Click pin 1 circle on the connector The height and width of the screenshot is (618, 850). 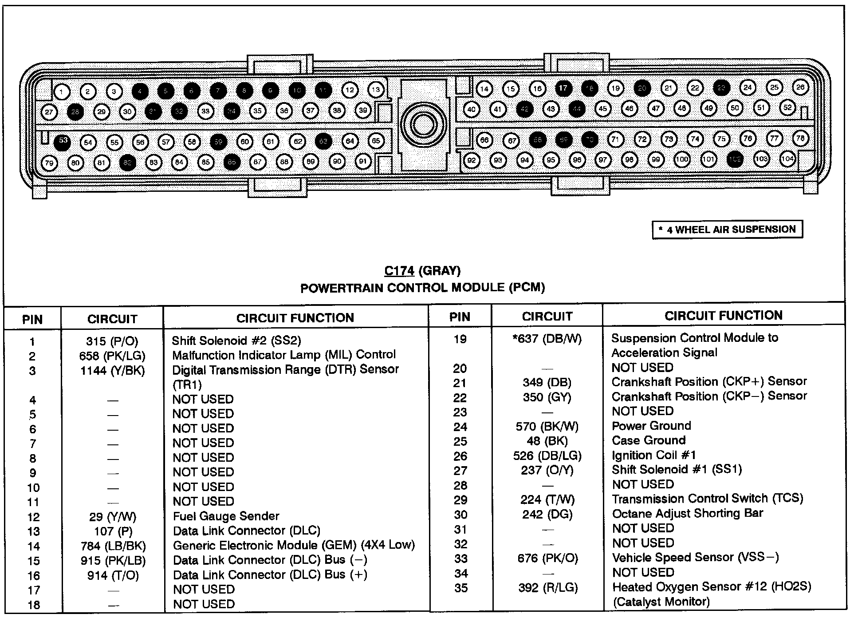(x=62, y=92)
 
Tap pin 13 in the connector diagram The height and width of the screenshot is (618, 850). (x=376, y=90)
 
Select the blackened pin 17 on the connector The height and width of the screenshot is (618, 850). (x=563, y=88)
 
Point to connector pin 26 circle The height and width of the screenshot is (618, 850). (x=800, y=87)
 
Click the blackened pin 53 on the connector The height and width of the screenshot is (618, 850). (x=63, y=141)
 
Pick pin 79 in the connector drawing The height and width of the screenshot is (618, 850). (x=49, y=163)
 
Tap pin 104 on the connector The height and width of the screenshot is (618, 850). (x=787, y=158)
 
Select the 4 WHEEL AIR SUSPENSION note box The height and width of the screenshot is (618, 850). (x=727, y=230)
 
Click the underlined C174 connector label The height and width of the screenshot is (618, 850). (x=399, y=271)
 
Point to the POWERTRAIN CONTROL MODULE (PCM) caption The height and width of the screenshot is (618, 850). (x=422, y=288)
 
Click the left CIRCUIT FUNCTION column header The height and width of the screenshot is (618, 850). (x=295, y=318)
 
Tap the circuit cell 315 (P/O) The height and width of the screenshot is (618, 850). (x=112, y=341)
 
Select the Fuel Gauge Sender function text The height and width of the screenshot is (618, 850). (x=226, y=516)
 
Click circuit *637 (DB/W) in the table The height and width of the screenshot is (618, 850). (x=547, y=339)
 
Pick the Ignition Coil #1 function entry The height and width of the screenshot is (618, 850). (x=653, y=455)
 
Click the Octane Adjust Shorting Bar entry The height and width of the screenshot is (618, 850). (x=687, y=514)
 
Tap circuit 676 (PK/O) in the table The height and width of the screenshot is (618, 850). (x=547, y=558)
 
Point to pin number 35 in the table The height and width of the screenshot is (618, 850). (x=461, y=588)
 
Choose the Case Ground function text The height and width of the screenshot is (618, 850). (x=649, y=440)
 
